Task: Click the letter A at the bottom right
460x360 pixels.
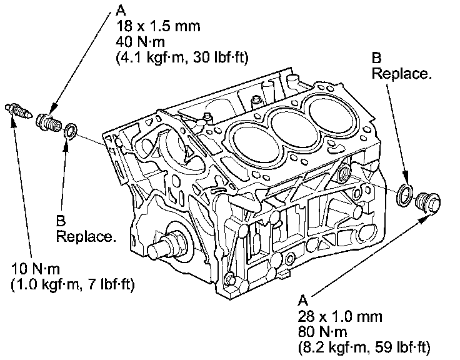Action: pyautogui.click(x=304, y=298)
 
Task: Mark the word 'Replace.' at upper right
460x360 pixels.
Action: pyautogui.click(x=401, y=74)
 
